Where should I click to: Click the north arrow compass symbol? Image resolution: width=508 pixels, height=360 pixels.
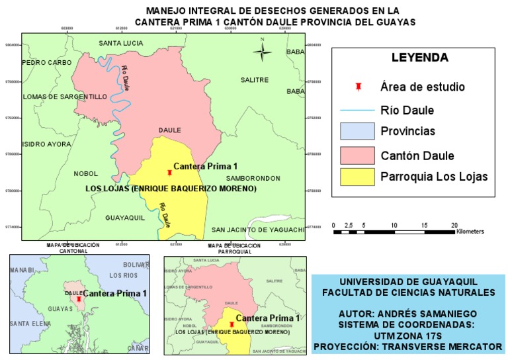(263, 51)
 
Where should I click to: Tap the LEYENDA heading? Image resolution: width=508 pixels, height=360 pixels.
(419, 58)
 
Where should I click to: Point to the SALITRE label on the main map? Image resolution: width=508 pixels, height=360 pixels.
(255, 79)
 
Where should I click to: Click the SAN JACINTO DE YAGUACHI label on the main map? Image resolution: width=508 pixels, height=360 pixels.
(258, 230)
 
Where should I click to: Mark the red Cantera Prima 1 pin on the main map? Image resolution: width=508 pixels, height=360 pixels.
(170, 173)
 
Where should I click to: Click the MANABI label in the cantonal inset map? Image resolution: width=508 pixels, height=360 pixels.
(22, 271)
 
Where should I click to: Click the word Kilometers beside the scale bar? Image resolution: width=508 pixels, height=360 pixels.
(470, 232)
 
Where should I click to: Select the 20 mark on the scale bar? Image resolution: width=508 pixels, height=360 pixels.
(454, 226)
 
